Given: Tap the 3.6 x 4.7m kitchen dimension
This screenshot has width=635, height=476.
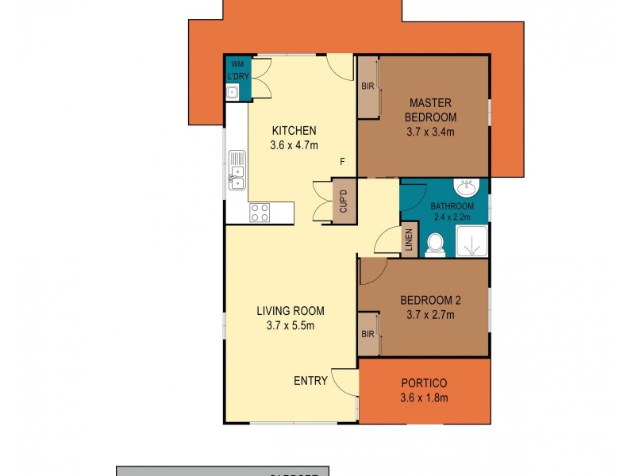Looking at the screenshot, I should [x=294, y=145].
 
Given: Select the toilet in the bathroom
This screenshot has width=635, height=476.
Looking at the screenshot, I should [x=435, y=244].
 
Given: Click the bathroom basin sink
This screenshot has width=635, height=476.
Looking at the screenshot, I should [x=466, y=189].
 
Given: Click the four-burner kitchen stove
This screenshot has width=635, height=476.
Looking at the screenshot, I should [x=260, y=212].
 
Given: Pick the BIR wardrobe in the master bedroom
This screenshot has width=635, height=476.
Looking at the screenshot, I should [x=368, y=87].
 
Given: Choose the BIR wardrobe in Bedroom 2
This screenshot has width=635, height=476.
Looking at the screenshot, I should [x=368, y=334].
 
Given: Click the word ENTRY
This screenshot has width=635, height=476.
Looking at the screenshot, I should [x=310, y=381].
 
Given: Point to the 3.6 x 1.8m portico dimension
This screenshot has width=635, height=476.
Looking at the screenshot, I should [x=425, y=397].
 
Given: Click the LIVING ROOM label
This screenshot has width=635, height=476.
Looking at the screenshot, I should [x=290, y=311].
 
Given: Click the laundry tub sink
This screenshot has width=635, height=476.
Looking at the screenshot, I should [x=233, y=94].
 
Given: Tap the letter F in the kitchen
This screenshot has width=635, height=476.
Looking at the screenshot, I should [x=342, y=163].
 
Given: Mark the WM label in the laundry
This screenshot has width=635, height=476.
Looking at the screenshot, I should [x=236, y=64].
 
